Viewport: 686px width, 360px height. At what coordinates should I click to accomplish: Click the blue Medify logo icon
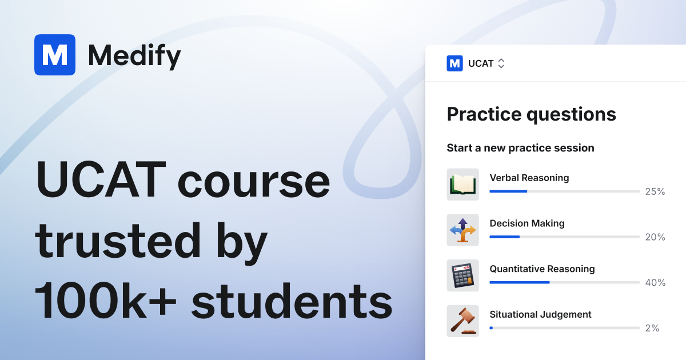pyautogui.click(x=55, y=55)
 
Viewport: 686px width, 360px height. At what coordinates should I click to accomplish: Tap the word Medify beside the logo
pyautogui.click(x=134, y=55)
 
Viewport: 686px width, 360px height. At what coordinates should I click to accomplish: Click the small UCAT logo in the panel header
pyautogui.click(x=454, y=63)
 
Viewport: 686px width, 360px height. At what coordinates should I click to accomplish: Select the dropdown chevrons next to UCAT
pyautogui.click(x=501, y=63)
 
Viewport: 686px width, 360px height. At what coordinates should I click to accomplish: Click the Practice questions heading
pyautogui.click(x=531, y=114)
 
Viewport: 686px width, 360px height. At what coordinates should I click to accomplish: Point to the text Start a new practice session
pyautogui.click(x=520, y=148)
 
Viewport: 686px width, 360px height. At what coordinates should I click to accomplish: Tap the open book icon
pyautogui.click(x=462, y=185)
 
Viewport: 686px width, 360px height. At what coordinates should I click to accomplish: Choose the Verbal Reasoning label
pyautogui.click(x=529, y=178)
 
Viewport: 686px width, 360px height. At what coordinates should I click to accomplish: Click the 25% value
pyautogui.click(x=655, y=191)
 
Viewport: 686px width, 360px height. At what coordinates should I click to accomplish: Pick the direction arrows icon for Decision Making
pyautogui.click(x=462, y=230)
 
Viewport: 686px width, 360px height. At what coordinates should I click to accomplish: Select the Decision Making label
pyautogui.click(x=527, y=223)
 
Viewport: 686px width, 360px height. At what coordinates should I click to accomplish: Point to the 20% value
pyautogui.click(x=655, y=237)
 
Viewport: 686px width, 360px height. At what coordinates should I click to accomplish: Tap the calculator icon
pyautogui.click(x=462, y=275)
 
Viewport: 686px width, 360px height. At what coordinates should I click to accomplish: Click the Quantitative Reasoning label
pyautogui.click(x=542, y=269)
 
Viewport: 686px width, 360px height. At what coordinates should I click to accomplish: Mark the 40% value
pyautogui.click(x=655, y=282)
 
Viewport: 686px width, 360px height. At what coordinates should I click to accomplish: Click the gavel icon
pyautogui.click(x=462, y=321)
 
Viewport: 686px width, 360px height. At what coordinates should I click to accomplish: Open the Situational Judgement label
pyautogui.click(x=540, y=314)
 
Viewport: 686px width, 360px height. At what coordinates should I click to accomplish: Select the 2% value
pyautogui.click(x=652, y=328)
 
